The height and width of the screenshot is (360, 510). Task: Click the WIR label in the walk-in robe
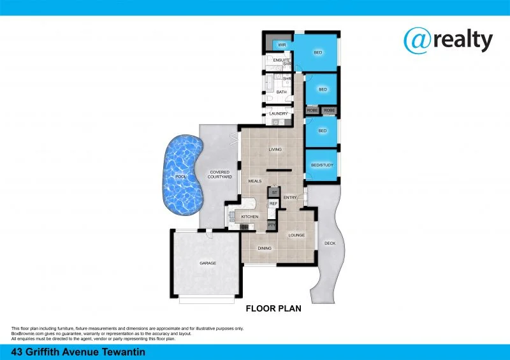click(281, 45)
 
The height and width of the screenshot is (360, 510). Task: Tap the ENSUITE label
click(281, 61)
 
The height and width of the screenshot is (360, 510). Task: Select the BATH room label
click(281, 92)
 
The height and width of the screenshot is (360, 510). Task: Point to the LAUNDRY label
click(279, 114)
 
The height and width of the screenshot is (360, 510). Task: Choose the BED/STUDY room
click(322, 165)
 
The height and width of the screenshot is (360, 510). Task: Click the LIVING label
click(275, 150)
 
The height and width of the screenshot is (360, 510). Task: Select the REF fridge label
click(273, 204)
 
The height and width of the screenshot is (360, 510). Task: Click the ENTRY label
click(290, 197)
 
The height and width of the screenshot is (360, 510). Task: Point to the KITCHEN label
click(249, 217)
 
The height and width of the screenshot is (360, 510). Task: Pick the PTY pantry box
click(271, 225)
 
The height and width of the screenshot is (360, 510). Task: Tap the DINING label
click(265, 248)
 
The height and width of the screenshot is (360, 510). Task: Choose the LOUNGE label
click(296, 235)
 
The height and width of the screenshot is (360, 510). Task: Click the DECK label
click(330, 243)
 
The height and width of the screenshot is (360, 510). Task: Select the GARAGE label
click(208, 263)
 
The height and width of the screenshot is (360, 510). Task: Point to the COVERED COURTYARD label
click(220, 175)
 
